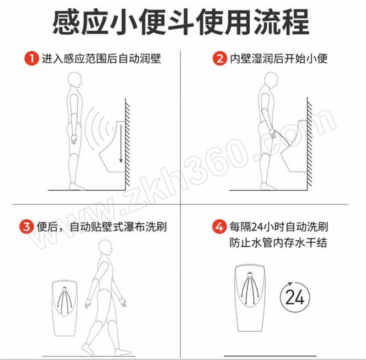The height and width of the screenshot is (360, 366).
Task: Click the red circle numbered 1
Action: [31, 59]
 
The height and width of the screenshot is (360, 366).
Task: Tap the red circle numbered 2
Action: [220, 59]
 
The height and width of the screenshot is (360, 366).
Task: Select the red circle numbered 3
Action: [27, 226]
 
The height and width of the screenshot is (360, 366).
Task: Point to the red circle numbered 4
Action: [220, 226]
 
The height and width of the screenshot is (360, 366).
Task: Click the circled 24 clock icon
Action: [295, 297]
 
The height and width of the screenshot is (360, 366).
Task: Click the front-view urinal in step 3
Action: [65, 308]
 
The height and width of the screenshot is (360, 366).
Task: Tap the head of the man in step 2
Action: [271, 81]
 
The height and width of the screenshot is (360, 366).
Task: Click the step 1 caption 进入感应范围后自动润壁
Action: [101, 59]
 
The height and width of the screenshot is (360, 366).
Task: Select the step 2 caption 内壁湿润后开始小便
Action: [279, 59]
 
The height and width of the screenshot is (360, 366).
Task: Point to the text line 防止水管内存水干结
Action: [278, 242]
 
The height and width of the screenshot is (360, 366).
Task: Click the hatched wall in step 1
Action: [128, 142]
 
